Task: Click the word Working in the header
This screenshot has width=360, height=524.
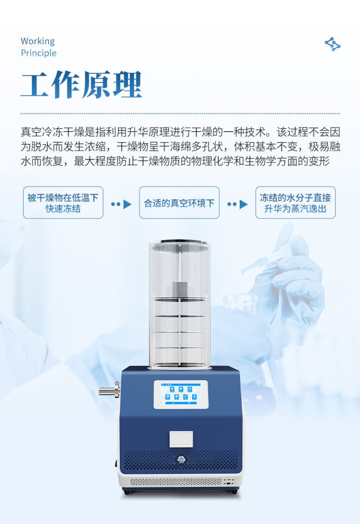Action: (38, 41)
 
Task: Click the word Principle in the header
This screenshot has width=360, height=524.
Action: (38, 53)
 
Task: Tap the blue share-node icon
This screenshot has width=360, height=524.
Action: (333, 44)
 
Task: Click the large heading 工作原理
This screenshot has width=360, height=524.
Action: (81, 84)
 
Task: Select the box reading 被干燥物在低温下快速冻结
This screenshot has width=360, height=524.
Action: (63, 203)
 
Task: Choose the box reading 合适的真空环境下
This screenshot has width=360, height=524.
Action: (179, 203)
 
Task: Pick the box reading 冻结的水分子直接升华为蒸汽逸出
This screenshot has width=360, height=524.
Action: (296, 203)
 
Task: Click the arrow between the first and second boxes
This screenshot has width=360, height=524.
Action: (121, 204)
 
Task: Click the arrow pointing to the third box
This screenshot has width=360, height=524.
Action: (238, 204)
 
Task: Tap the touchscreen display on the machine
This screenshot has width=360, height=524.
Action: (181, 394)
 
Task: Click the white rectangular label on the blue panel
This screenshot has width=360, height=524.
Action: (181, 439)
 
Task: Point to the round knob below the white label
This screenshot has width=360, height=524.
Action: (181, 460)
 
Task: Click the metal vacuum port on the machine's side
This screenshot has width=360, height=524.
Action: (109, 390)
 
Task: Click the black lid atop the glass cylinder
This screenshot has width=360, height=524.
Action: (180, 242)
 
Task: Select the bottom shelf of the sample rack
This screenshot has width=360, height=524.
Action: (180, 349)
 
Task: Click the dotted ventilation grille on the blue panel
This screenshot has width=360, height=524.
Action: (181, 460)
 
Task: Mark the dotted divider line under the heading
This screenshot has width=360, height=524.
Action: (180, 113)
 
